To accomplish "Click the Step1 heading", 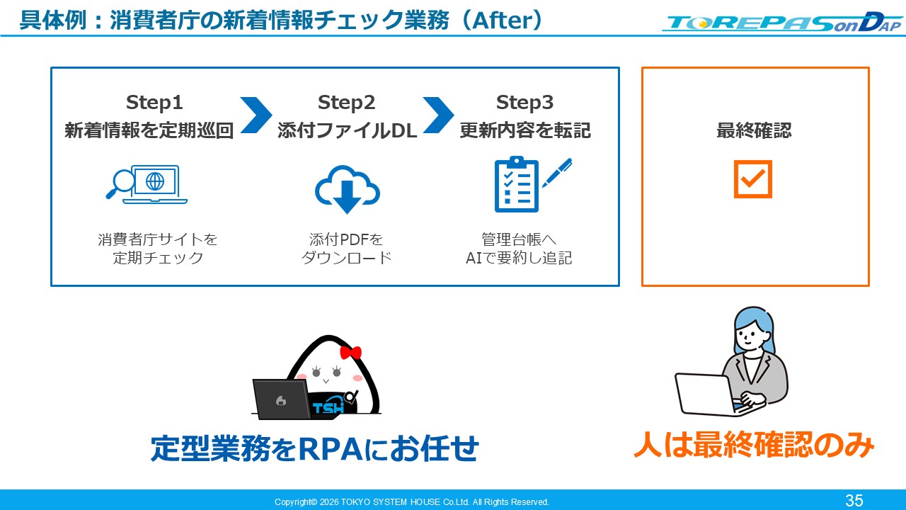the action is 154,103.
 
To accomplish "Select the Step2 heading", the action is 346,103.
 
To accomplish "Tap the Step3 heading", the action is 524,103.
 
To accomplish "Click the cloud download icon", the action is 347,189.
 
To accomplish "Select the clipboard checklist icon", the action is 517,185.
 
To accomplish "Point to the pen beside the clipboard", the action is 557,173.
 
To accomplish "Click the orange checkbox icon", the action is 752,179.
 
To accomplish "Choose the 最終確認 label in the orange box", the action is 754,130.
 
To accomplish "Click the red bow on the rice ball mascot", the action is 350,353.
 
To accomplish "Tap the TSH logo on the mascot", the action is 328,407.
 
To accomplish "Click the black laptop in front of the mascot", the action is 282,399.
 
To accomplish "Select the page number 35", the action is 854,501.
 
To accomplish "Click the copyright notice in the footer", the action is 412,502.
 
